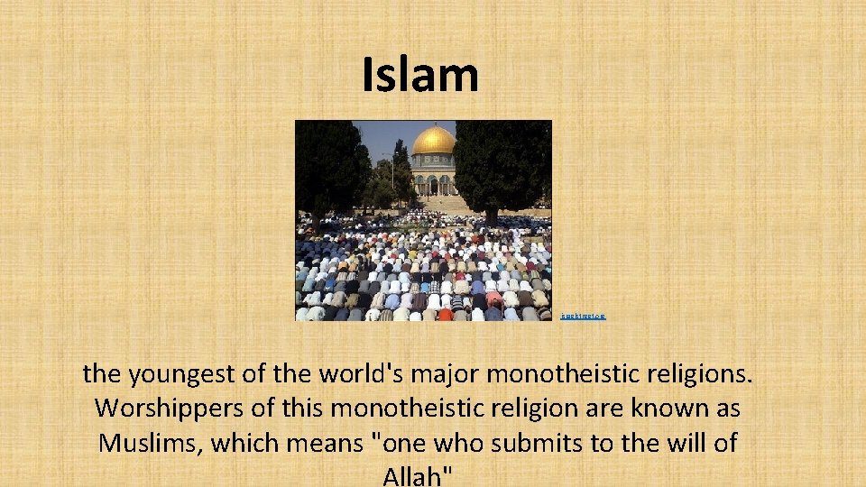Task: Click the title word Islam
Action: [419, 75]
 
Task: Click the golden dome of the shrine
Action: [433, 140]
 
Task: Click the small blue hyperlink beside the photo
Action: [583, 317]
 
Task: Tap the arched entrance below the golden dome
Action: [433, 186]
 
